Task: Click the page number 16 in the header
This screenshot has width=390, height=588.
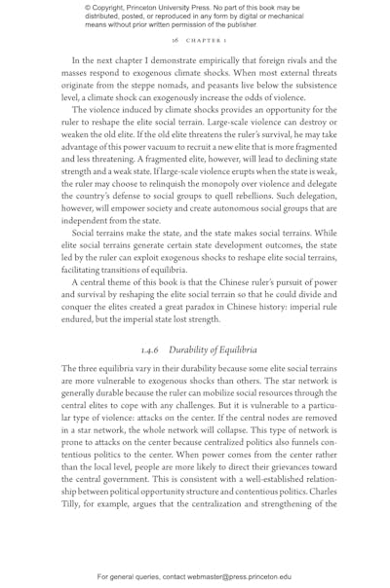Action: click(174, 43)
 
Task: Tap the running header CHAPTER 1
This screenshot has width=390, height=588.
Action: click(200, 43)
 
